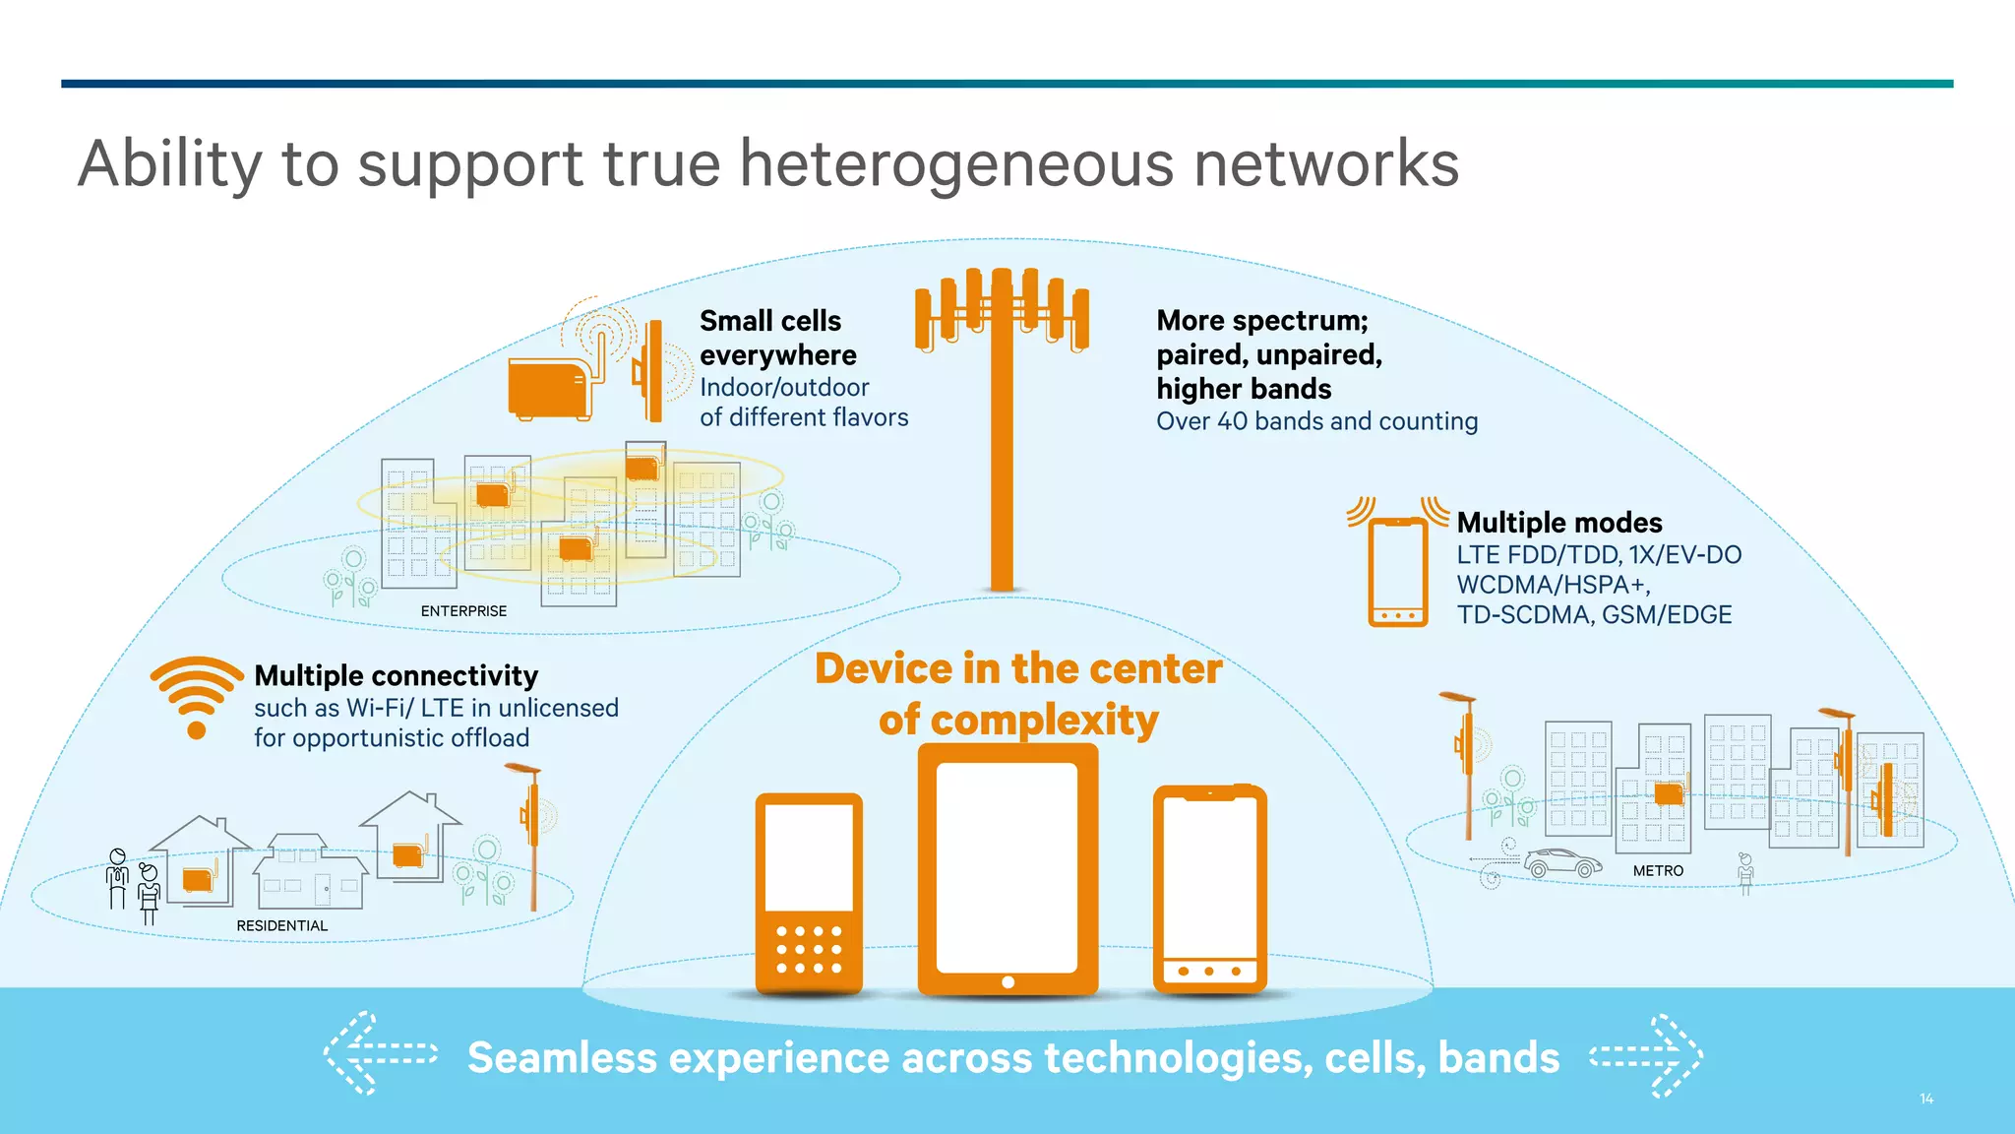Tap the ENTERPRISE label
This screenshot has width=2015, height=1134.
click(463, 611)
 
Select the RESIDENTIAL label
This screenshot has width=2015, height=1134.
click(281, 925)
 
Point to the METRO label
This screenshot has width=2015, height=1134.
click(1658, 871)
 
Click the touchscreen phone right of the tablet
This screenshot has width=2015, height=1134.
click(1209, 889)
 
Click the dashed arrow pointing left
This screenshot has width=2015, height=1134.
click(380, 1054)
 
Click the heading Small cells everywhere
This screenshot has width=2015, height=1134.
click(777, 338)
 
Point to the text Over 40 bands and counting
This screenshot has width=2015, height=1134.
click(1316, 421)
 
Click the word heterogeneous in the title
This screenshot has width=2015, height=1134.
click(956, 163)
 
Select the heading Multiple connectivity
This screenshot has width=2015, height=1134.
click(396, 675)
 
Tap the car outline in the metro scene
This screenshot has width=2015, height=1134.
click(1562, 863)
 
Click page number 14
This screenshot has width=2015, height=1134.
click(1925, 1099)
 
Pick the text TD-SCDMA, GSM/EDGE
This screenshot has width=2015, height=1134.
click(1593, 615)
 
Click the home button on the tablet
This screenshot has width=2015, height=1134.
click(1007, 981)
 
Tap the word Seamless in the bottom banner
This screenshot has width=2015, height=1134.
click(562, 1058)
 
